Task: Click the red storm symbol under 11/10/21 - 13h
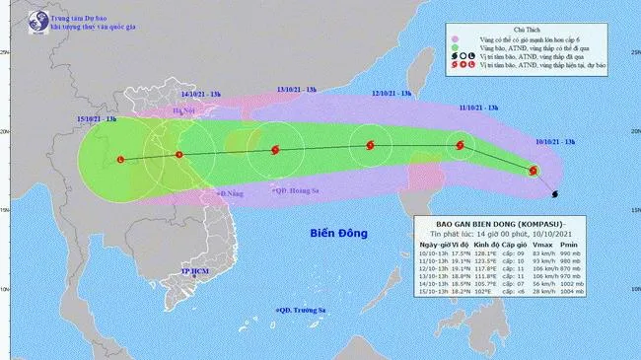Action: pyautogui.click(x=460, y=146)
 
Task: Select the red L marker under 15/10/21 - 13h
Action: pyautogui.click(x=120, y=159)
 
